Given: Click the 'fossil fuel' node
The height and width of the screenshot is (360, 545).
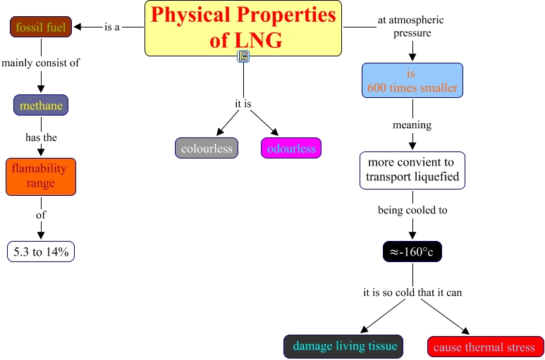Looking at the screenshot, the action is [x=41, y=27].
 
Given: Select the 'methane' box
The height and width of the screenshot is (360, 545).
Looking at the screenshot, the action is [x=41, y=105].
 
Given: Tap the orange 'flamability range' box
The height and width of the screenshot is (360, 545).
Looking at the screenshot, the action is [x=41, y=177].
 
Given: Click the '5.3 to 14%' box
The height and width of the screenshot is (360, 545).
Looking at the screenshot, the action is [x=41, y=252].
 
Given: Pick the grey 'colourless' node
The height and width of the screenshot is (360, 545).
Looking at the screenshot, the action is [x=207, y=148].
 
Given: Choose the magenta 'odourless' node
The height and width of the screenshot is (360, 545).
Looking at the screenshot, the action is [x=291, y=148].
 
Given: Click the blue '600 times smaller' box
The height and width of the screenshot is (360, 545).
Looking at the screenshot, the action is [x=412, y=80].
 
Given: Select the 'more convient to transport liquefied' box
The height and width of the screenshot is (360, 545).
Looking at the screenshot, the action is [x=412, y=170].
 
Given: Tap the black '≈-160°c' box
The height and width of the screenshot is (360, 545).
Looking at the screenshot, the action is [x=412, y=252].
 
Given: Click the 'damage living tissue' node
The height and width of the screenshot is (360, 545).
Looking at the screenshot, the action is [x=343, y=346].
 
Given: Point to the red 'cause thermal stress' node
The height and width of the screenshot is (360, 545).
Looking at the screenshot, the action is [x=486, y=347].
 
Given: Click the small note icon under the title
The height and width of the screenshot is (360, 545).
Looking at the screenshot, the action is [x=243, y=56].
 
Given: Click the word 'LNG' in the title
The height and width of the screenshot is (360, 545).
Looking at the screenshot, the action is [x=258, y=40].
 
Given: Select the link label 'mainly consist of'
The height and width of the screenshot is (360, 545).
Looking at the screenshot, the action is [x=41, y=63].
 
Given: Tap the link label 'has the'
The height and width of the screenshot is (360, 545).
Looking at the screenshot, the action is [x=41, y=137].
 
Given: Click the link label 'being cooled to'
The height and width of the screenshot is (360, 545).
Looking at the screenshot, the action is [x=412, y=210].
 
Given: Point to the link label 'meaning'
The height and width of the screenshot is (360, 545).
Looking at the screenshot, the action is [x=412, y=125].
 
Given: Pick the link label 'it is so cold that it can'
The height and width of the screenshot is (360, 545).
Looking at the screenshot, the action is [x=412, y=292].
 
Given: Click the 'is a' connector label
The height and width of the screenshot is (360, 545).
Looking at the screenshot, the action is [x=112, y=27].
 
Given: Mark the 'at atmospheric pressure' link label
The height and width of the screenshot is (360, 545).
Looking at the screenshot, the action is [x=411, y=26].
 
